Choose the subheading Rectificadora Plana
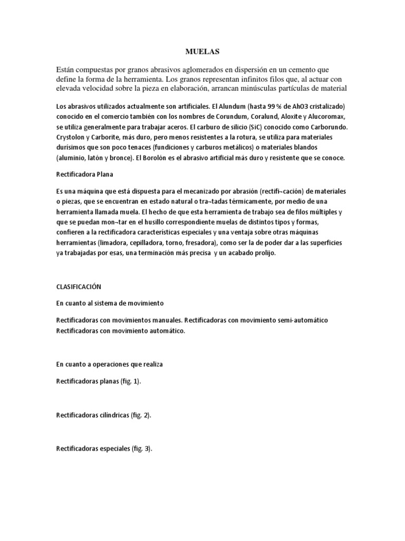coord(84,173)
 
